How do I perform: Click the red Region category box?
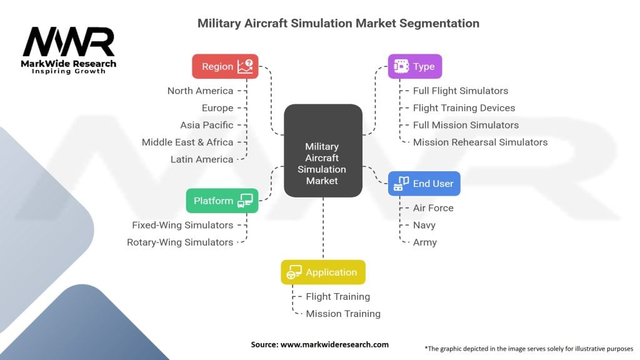(x=225, y=66)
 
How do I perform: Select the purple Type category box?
(x=415, y=66)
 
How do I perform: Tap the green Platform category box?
(x=222, y=201)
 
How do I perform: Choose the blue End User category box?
(x=424, y=184)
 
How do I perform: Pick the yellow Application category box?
(x=322, y=272)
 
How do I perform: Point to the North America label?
(x=200, y=91)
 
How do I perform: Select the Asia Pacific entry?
(x=206, y=125)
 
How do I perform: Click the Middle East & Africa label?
(x=187, y=142)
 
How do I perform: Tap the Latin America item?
(x=201, y=159)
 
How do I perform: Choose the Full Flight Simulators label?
(x=461, y=91)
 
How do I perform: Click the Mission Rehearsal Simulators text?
(x=480, y=142)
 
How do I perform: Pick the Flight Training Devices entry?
(x=464, y=107)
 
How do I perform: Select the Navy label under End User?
(x=424, y=225)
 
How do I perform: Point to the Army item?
(x=425, y=242)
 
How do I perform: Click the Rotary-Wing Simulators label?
(x=180, y=242)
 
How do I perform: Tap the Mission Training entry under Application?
(x=343, y=314)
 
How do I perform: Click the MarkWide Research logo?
(x=69, y=50)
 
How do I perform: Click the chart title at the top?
(x=338, y=24)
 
